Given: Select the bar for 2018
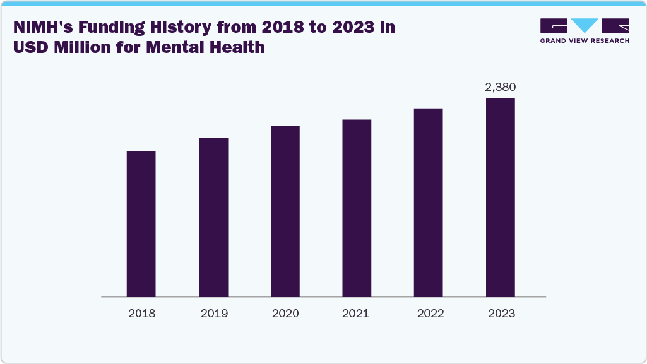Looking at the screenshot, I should (141, 224).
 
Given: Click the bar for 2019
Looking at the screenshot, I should (213, 217).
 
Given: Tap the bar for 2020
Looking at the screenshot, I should (285, 211).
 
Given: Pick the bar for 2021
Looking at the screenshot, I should (357, 208).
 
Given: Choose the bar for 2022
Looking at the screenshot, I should (428, 203).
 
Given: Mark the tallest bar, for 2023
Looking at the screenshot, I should (500, 197).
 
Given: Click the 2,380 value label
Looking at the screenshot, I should (501, 87).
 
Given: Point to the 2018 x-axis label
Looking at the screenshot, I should (141, 314).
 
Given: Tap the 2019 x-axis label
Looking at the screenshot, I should (213, 314).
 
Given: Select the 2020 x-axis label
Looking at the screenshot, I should (285, 314).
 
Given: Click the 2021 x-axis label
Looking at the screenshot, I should (357, 314).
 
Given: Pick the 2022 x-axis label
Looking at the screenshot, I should (428, 314).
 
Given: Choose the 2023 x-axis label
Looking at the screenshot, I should (501, 314).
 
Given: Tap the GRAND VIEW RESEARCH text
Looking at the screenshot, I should (585, 41).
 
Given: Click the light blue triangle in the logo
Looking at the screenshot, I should (585, 25).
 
